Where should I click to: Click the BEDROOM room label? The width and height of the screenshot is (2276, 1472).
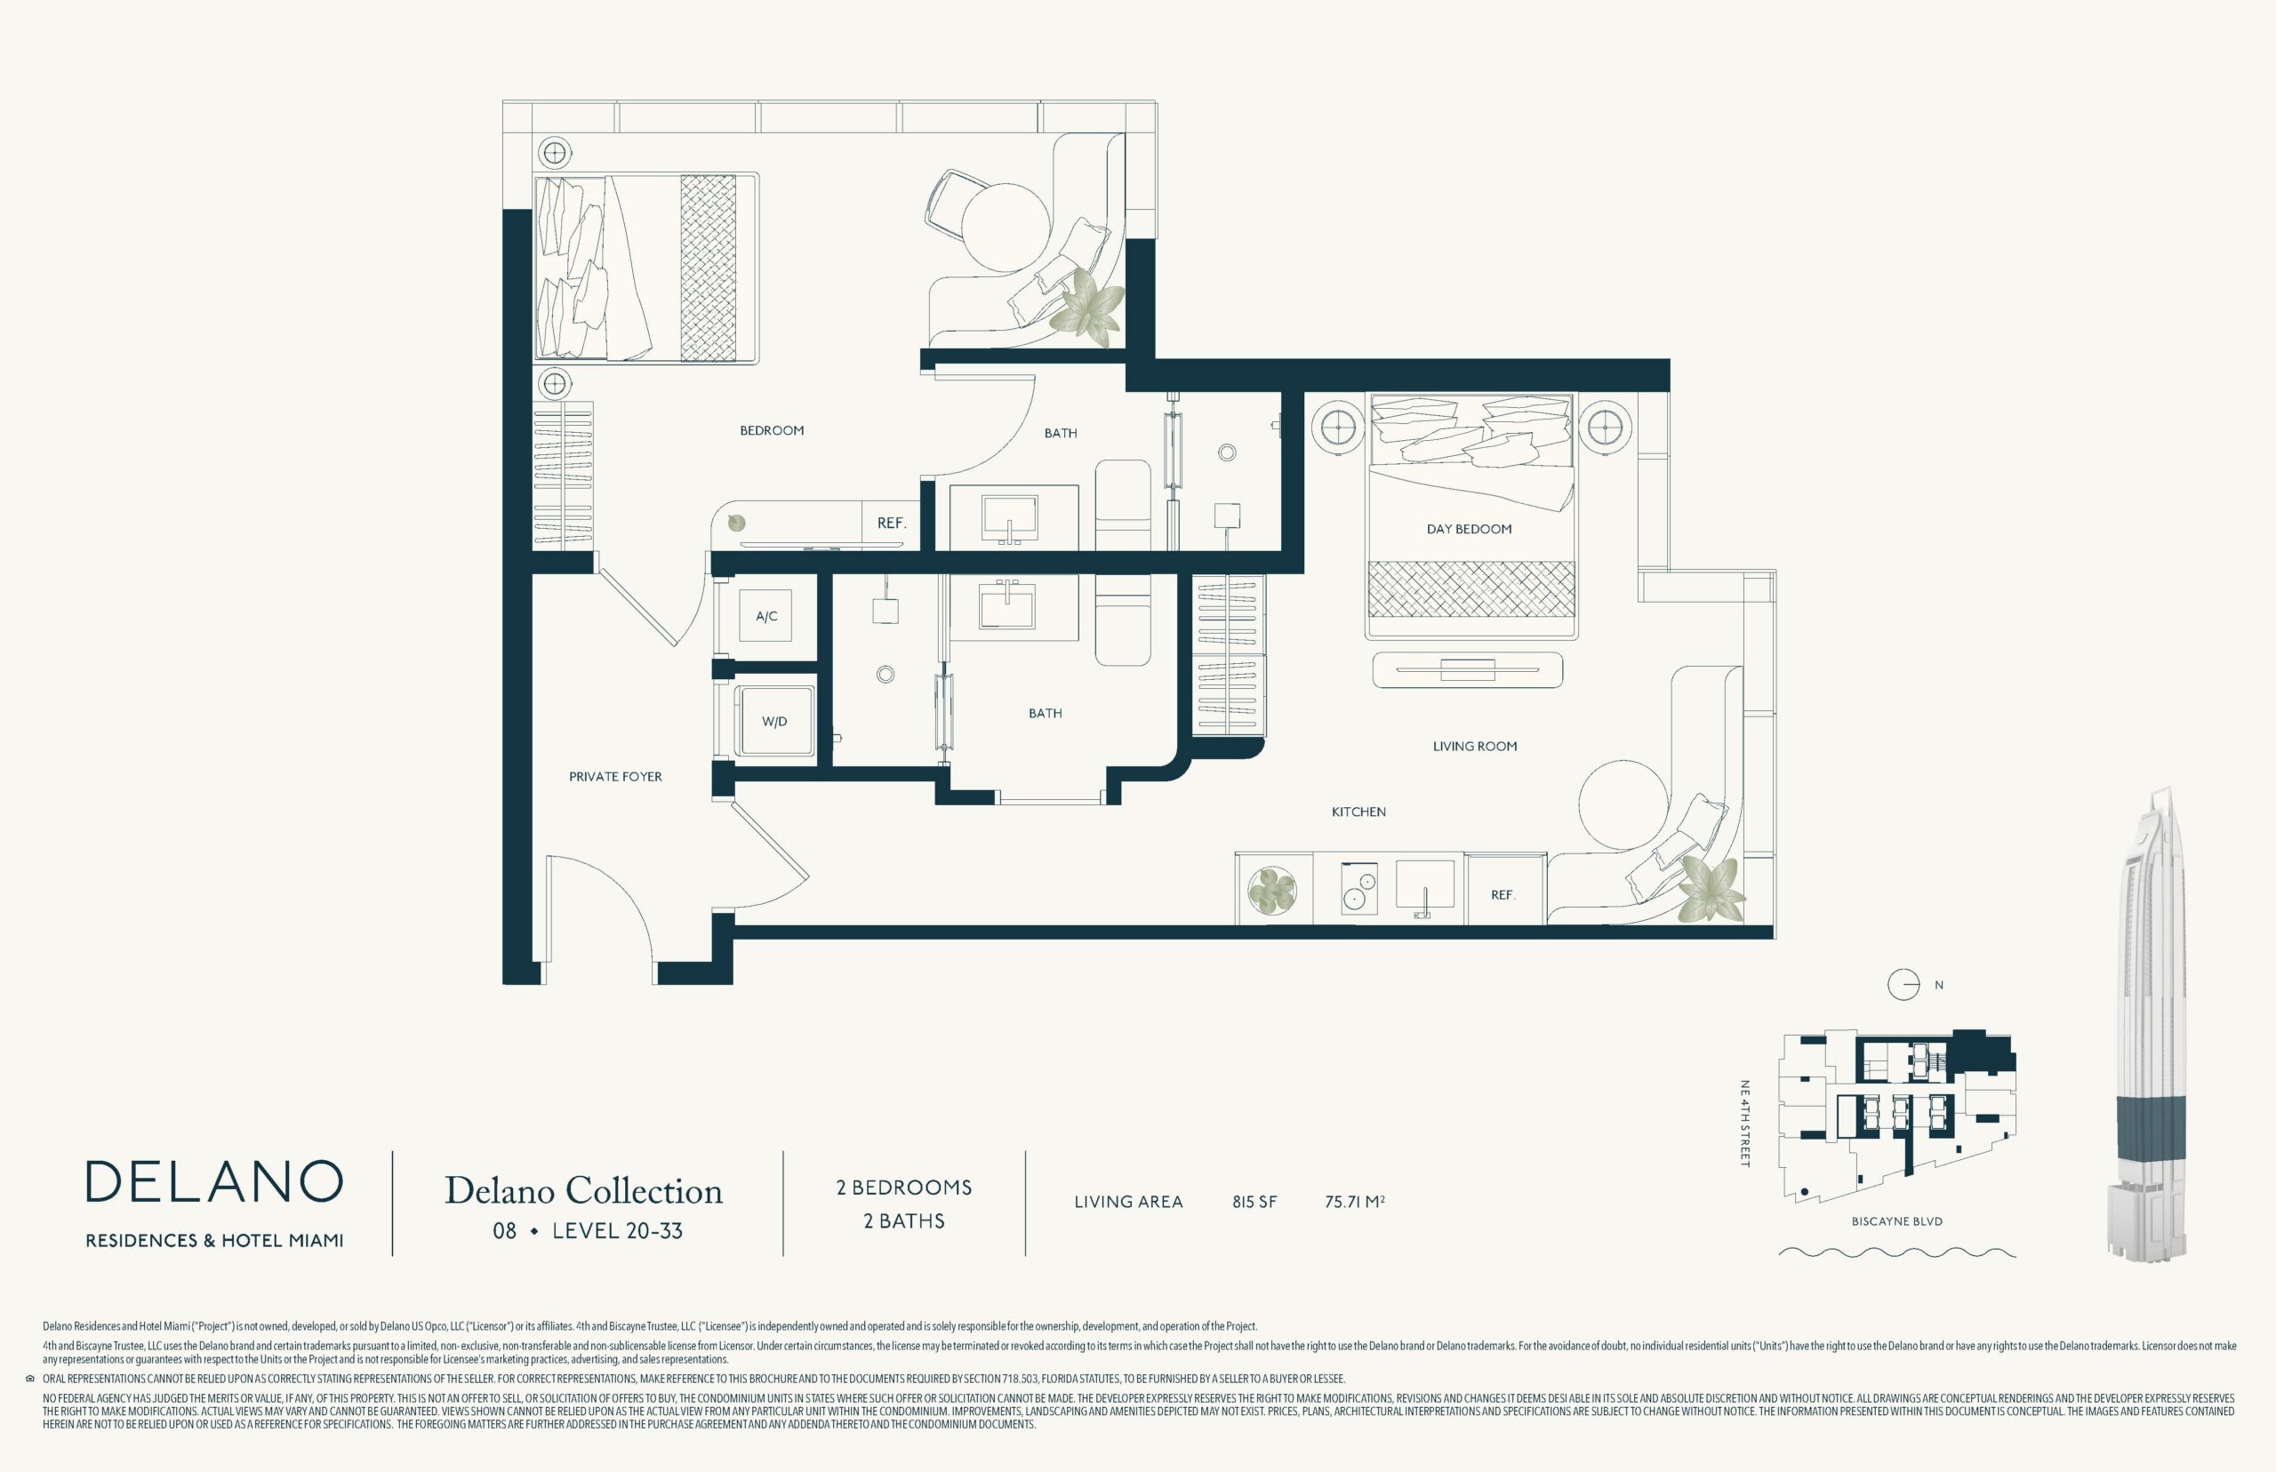(772, 431)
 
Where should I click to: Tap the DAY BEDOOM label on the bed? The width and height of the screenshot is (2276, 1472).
(1470, 530)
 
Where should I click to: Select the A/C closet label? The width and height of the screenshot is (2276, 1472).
(766, 617)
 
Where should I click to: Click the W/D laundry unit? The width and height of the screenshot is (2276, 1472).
(774, 722)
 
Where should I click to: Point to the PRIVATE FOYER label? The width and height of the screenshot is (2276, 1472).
(615, 777)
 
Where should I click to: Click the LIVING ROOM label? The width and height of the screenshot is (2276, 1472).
(1475, 747)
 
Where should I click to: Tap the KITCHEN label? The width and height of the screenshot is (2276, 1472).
(1358, 812)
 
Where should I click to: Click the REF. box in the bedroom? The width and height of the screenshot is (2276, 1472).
(891, 524)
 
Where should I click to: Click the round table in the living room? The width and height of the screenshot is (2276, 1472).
(1624, 804)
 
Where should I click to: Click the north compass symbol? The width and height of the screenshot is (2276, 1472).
(1903, 986)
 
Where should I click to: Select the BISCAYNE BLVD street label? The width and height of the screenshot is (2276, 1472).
(1896, 1221)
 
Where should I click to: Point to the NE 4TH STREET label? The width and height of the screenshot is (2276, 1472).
(1744, 1124)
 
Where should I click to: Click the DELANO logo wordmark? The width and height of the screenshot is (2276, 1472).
(214, 1182)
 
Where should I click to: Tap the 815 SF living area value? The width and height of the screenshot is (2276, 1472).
(1254, 1203)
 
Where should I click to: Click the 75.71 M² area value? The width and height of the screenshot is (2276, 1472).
(1355, 1203)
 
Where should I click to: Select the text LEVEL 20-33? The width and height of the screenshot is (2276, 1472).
(618, 1231)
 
